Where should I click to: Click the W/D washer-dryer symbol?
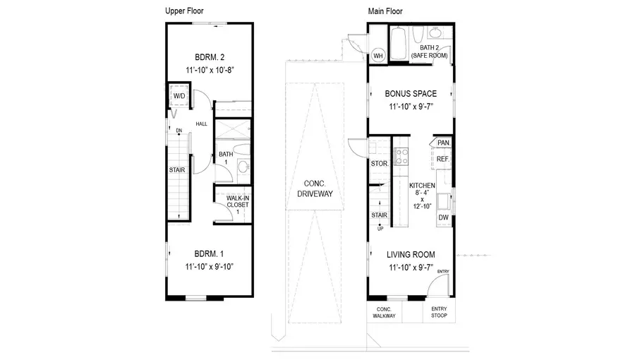(179, 96)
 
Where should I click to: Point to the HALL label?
(202, 124)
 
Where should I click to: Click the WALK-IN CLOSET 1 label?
(232, 205)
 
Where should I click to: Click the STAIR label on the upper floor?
(177, 169)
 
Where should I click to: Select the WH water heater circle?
(377, 56)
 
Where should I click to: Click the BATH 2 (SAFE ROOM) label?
(431, 51)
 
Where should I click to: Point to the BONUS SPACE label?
(410, 93)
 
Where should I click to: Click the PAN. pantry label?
(443, 143)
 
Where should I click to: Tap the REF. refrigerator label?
(443, 160)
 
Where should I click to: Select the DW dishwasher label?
(443, 218)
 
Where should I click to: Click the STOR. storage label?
(379, 164)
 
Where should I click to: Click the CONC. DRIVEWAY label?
(315, 188)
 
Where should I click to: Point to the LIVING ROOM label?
(410, 255)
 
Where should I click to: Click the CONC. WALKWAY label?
(384, 313)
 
